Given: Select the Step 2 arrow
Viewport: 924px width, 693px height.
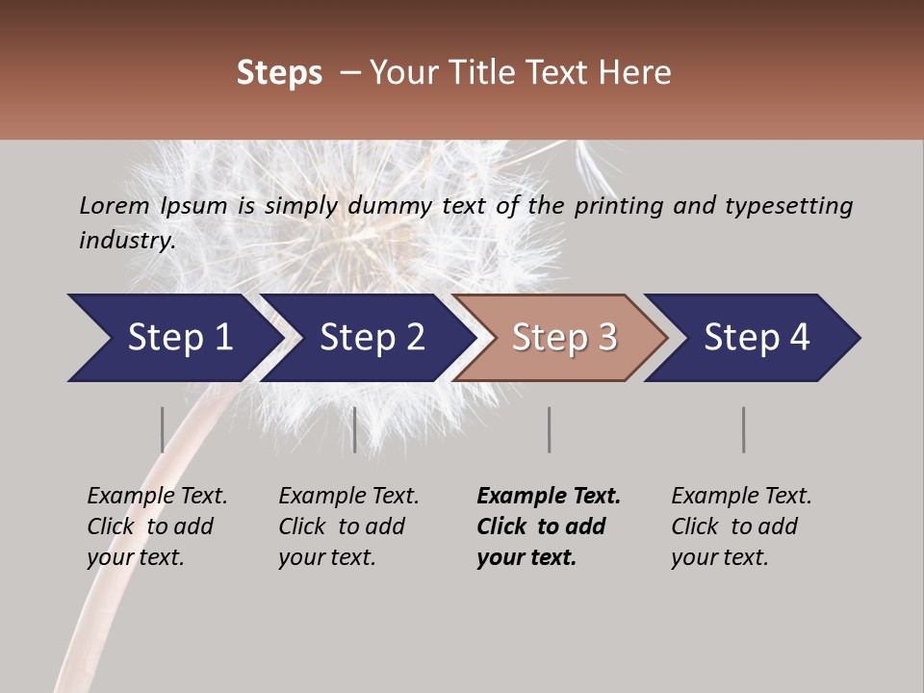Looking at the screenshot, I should (x=371, y=338).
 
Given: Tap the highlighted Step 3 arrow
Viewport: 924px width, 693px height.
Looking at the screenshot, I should (x=563, y=338).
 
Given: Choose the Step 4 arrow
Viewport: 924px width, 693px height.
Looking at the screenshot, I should (x=756, y=338).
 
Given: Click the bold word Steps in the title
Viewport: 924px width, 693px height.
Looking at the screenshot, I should (x=279, y=73).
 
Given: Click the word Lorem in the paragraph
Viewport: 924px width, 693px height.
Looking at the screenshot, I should (x=114, y=206).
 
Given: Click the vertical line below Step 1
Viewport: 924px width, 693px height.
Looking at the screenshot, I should (x=162, y=429).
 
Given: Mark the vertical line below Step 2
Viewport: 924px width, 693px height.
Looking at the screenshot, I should (x=355, y=429).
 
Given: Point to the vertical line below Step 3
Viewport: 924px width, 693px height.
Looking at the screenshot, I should (x=549, y=429).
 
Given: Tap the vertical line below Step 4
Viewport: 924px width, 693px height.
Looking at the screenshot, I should (x=743, y=429).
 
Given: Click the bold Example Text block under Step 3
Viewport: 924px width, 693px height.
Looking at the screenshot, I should (x=547, y=526).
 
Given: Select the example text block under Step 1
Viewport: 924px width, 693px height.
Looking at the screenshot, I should (x=156, y=526).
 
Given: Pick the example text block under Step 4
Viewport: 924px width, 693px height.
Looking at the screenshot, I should (x=740, y=526).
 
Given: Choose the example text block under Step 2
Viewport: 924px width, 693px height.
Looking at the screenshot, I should (x=347, y=526).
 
